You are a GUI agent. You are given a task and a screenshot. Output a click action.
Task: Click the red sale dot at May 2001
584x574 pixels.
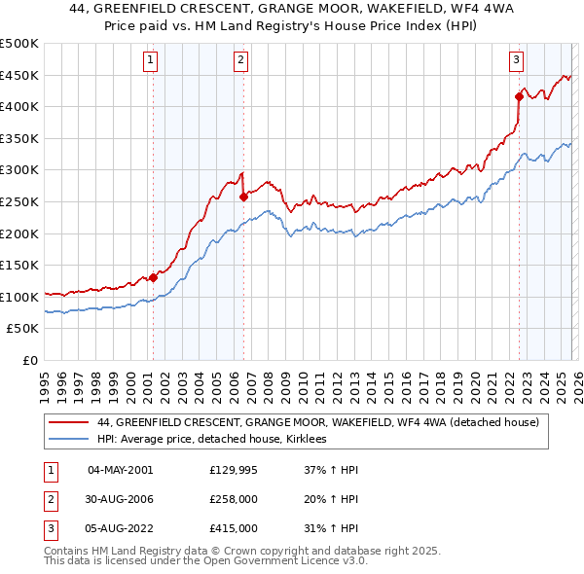coord(153,277)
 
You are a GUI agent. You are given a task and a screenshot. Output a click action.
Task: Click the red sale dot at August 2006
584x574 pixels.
coord(243,197)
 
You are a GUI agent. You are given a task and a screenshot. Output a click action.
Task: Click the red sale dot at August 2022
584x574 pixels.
coord(519,96)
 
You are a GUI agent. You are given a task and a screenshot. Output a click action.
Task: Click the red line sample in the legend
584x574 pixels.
coord(68,422)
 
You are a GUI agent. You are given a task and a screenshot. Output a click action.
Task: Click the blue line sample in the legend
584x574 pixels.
coord(68,440)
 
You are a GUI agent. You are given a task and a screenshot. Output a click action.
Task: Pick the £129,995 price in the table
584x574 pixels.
coord(233,470)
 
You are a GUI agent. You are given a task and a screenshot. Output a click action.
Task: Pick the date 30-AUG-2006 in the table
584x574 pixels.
coord(121,499)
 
